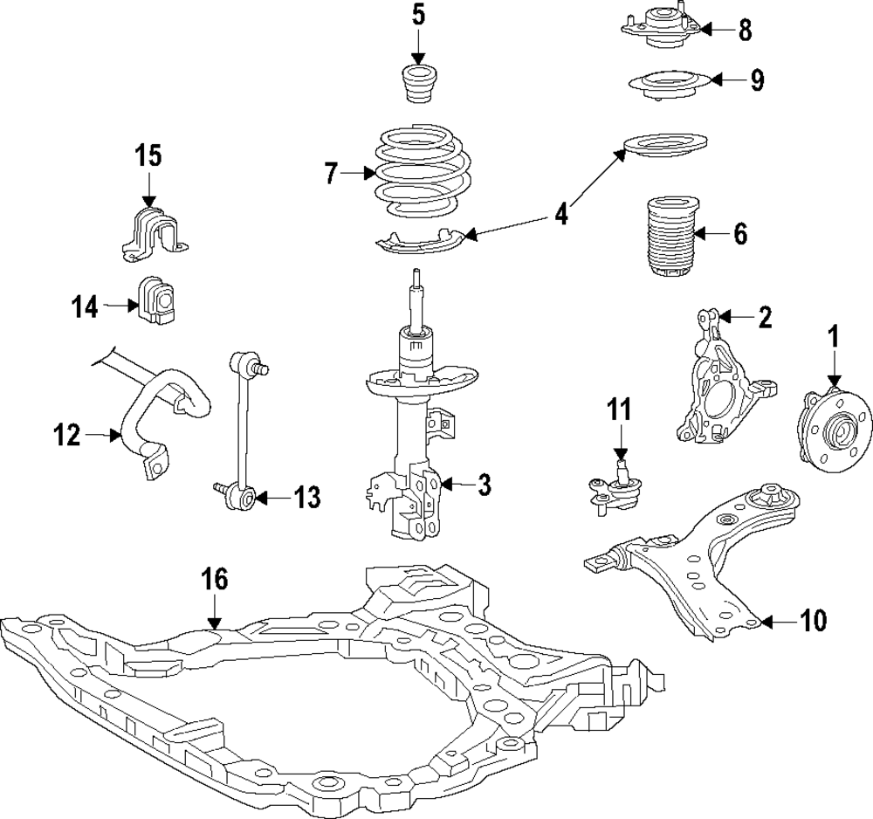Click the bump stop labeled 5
(418, 81)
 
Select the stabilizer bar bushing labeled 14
(154, 300)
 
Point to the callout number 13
(306, 499)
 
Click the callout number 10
(811, 622)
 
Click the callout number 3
(483, 484)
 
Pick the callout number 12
(66, 434)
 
